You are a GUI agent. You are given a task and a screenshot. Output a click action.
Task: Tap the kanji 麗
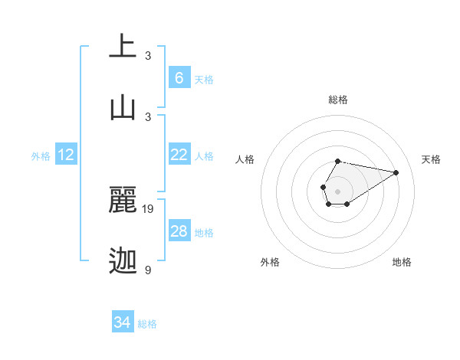[123, 200]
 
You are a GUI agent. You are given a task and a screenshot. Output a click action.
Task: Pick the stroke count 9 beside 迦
[148, 270]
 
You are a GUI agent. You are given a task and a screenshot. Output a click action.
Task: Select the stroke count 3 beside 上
[148, 55]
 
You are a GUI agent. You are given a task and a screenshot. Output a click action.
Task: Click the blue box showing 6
[179, 77]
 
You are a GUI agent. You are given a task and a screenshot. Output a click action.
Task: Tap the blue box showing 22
[179, 155]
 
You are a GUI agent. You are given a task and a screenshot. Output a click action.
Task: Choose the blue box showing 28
[179, 231]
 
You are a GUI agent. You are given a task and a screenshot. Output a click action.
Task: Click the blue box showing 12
[66, 155]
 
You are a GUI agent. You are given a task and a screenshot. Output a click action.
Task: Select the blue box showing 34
[123, 322]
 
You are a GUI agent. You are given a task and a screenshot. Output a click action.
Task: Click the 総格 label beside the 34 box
[148, 324]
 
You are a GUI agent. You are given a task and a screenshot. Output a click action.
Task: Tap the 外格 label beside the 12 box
[41, 156]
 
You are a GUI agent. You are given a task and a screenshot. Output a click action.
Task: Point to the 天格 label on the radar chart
[431, 159]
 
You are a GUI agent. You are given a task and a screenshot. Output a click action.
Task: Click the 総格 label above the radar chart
[337, 100]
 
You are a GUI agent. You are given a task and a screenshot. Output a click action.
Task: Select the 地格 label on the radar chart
[402, 262]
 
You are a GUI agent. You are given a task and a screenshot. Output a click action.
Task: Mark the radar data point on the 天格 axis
[396, 172]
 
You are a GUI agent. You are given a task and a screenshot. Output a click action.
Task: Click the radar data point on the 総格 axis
[337, 162]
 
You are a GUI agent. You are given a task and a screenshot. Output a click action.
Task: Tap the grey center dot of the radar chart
[337, 190]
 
